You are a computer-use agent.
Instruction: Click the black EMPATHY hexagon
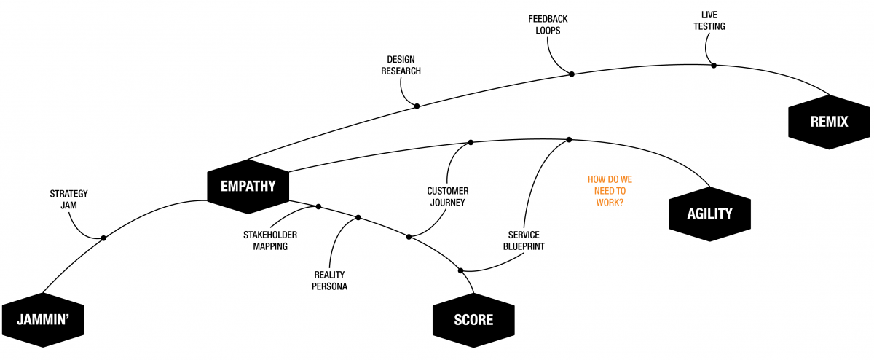tap(248, 185)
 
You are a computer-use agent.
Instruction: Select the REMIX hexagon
tap(829, 122)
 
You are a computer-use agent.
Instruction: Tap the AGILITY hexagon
tap(709, 214)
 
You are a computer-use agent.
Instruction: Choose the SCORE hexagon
tap(473, 319)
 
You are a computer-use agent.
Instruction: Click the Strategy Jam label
tap(68, 199)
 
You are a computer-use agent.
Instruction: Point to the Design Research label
tap(401, 66)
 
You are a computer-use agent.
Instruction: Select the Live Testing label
tap(709, 20)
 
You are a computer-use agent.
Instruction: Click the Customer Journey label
tap(447, 197)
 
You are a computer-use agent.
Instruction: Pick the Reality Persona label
tap(329, 280)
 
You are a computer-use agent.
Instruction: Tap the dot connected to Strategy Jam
tap(103, 238)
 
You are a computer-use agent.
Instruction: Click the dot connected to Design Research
tap(417, 106)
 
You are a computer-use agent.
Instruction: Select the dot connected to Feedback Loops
tap(572, 74)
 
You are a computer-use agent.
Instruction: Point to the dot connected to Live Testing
tap(714, 66)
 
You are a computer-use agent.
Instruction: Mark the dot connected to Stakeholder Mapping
tap(318, 207)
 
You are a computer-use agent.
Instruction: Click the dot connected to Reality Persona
tap(358, 217)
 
